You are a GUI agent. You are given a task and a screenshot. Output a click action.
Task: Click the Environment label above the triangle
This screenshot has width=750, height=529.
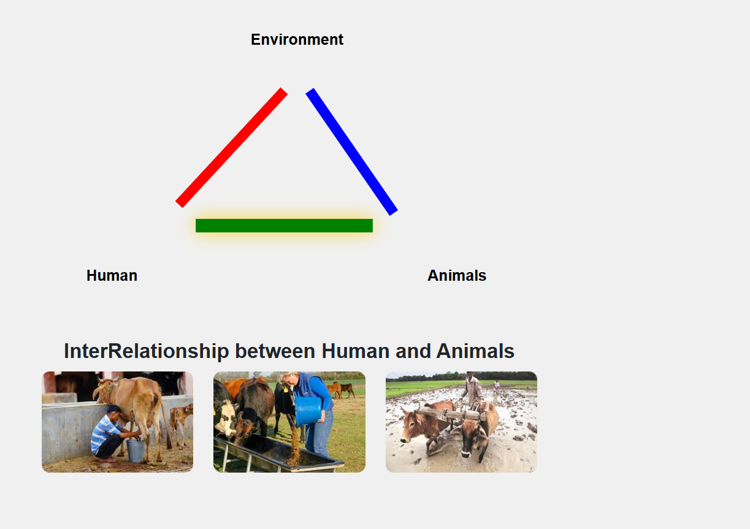pyautogui.click(x=297, y=39)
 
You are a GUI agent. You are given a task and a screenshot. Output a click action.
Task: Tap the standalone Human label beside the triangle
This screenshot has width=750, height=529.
pyautogui.click(x=112, y=276)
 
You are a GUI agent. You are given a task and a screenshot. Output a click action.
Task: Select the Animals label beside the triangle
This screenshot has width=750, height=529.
pyautogui.click(x=457, y=276)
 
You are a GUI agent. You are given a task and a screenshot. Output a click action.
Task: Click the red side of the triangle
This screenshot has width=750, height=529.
pyautogui.click(x=231, y=148)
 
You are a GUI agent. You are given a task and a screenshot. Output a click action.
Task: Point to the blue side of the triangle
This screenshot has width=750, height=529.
pyautogui.click(x=351, y=151)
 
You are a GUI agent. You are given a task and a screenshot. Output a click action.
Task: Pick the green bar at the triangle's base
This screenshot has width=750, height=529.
pyautogui.click(x=284, y=226)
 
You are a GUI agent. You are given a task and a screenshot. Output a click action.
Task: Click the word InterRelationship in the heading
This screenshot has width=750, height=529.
pyautogui.click(x=147, y=351)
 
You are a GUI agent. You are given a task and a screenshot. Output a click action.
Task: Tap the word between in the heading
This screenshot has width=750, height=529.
pyautogui.click(x=275, y=351)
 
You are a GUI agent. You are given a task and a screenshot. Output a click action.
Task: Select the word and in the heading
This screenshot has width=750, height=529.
pyautogui.click(x=413, y=351)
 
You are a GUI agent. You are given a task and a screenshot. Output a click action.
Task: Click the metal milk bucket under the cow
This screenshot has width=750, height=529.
pyautogui.click(x=136, y=451)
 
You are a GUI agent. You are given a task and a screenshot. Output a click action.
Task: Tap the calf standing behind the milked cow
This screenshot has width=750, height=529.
pyautogui.click(x=181, y=422)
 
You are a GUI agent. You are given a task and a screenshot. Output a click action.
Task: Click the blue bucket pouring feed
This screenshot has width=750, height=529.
pyautogui.click(x=308, y=411)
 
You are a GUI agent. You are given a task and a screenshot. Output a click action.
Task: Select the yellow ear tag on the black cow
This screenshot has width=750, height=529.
pyautogui.click(x=286, y=389)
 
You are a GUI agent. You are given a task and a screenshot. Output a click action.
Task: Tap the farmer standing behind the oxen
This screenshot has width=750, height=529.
pyautogui.click(x=472, y=390)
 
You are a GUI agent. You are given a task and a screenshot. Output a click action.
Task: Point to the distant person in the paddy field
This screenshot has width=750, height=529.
pyautogui.click(x=496, y=386)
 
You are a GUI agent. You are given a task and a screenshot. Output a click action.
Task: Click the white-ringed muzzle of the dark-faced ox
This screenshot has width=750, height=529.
pyautogui.click(x=465, y=454)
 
